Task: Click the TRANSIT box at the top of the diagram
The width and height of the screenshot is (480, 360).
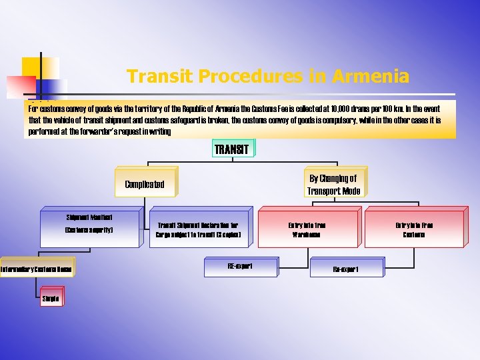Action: (x=232, y=149)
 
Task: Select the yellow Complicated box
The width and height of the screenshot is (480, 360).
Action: (x=144, y=184)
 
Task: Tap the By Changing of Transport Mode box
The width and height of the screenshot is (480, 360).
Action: (x=334, y=184)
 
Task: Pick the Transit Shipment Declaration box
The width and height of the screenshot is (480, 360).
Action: (x=197, y=230)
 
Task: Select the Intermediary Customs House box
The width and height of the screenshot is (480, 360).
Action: (x=37, y=269)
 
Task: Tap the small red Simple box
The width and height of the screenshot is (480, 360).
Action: (x=51, y=299)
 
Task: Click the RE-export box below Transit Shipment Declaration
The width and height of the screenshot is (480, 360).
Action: (x=240, y=266)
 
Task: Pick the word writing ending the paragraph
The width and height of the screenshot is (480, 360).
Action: (x=160, y=132)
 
